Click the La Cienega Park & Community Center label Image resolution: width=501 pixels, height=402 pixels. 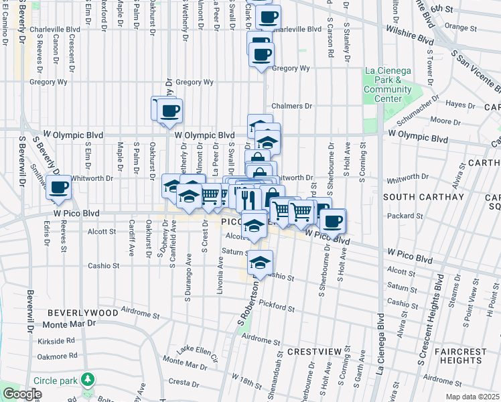(388, 84)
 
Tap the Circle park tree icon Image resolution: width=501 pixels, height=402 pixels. (88, 381)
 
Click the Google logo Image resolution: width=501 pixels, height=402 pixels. (22, 395)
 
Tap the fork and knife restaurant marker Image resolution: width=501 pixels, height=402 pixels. (246, 198)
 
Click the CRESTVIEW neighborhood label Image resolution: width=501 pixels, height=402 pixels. (311, 351)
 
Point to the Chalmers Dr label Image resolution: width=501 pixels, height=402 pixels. (292, 106)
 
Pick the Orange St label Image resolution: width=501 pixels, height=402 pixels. (459, 27)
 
